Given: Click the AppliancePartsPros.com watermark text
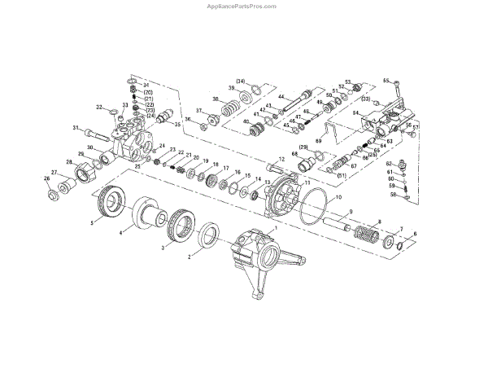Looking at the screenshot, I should (x=243, y=6).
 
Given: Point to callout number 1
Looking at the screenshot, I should (x=276, y=229).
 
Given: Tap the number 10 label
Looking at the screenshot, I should (x=338, y=198).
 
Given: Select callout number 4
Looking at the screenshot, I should (x=121, y=233).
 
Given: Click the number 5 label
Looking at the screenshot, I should (x=92, y=222).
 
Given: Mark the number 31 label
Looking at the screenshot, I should (x=75, y=128).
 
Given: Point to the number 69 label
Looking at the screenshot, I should (x=319, y=142).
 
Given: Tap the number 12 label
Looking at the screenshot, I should (x=281, y=159).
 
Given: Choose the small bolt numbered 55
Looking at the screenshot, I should (x=397, y=84).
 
